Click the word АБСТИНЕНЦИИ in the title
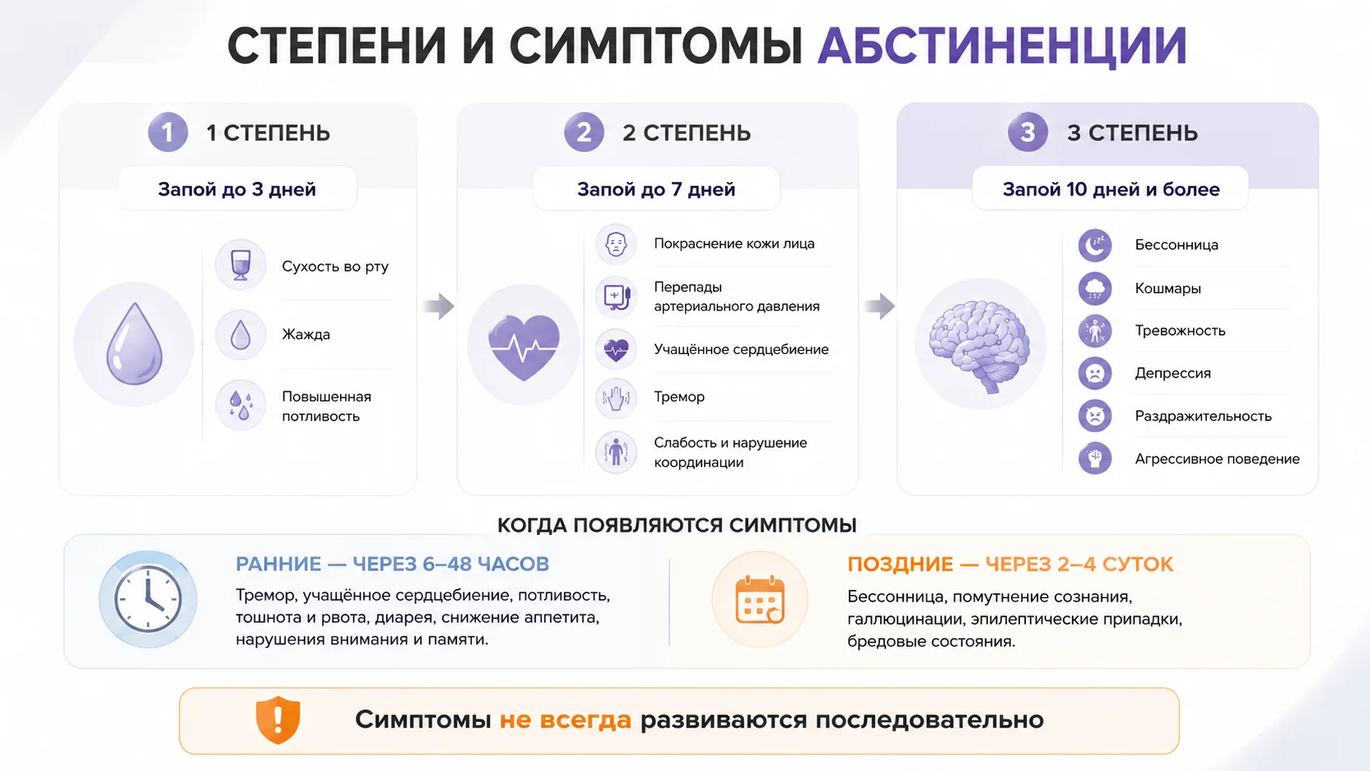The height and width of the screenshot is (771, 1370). pyautogui.click(x=1002, y=47)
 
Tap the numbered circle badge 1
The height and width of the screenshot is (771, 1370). pyautogui.click(x=168, y=132)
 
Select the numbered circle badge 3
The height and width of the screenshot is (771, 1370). pyautogui.click(x=1027, y=132)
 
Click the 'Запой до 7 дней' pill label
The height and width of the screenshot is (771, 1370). pyautogui.click(x=656, y=189)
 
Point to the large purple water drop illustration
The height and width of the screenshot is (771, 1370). pyautogui.click(x=134, y=343)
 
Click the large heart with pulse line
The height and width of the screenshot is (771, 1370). pyautogui.click(x=524, y=347)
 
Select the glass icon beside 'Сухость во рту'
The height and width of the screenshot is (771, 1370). pyautogui.click(x=240, y=265)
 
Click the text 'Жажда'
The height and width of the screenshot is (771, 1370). pyautogui.click(x=306, y=334)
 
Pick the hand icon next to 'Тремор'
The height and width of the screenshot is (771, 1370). pyautogui.click(x=616, y=398)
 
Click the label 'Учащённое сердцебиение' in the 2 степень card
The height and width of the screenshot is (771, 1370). pyautogui.click(x=742, y=349)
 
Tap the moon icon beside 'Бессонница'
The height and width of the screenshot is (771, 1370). pyautogui.click(x=1095, y=245)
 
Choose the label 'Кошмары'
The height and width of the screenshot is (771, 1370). pyautogui.click(x=1168, y=288)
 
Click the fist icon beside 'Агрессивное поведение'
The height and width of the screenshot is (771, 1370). pyautogui.click(x=1095, y=459)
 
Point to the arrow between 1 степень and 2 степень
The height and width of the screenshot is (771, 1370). pyautogui.click(x=439, y=306)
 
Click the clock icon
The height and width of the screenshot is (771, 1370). pyautogui.click(x=148, y=599)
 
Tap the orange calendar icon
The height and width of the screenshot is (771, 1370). pyautogui.click(x=760, y=600)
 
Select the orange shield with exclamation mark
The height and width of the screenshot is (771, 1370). pyautogui.click(x=278, y=719)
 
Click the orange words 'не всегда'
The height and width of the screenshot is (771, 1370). pyautogui.click(x=565, y=719)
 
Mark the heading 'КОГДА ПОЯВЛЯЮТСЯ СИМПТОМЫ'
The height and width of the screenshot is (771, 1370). pyautogui.click(x=677, y=525)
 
